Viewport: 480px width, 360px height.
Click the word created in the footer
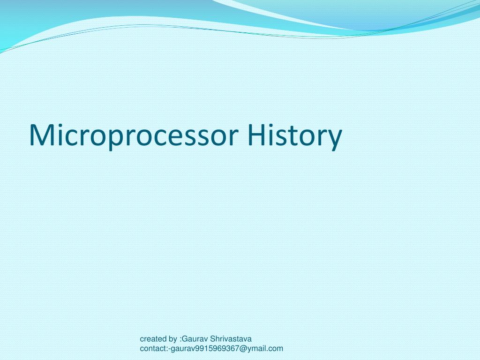[x=153, y=338]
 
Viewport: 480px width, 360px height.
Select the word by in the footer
[x=172, y=339]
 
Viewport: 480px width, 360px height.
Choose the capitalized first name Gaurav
[x=193, y=338]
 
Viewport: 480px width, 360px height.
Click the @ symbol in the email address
[x=242, y=348]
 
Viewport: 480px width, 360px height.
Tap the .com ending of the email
[x=275, y=348]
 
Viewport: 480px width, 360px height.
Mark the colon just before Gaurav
[x=180, y=339]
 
